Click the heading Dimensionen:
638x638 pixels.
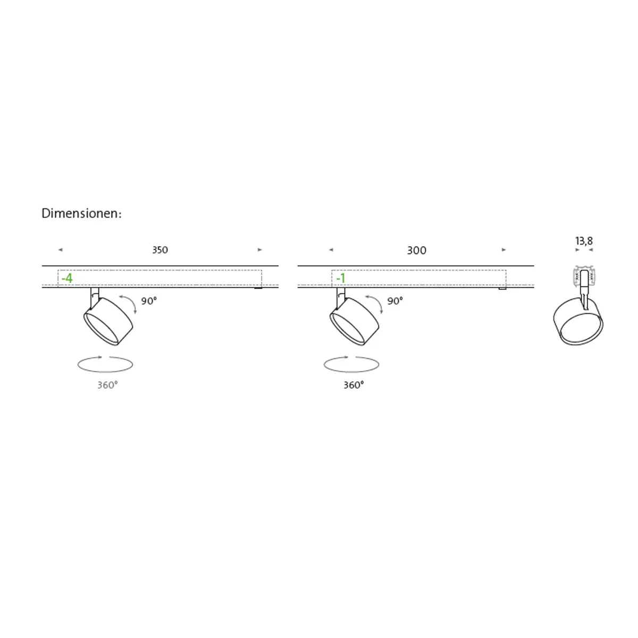(x=81, y=214)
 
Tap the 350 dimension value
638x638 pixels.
(x=160, y=250)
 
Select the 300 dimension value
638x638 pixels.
(x=416, y=250)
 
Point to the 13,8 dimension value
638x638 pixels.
(x=584, y=241)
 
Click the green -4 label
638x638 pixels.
(x=67, y=278)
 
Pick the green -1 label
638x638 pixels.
(x=341, y=278)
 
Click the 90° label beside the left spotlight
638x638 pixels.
(x=149, y=301)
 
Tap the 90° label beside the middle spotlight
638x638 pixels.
(x=395, y=301)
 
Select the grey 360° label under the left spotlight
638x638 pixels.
(x=107, y=385)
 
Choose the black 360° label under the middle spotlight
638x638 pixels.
(x=354, y=385)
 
